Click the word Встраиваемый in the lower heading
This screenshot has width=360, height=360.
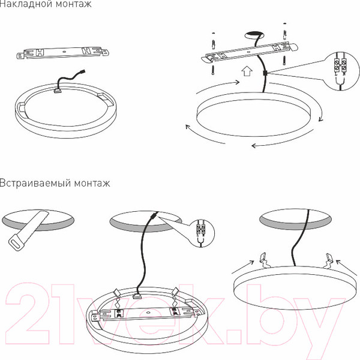[x=35, y=183]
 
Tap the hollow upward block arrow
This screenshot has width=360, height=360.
[x=247, y=71]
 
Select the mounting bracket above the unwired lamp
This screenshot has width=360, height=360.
[x=63, y=53]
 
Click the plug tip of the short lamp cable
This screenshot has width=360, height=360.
[x=83, y=71]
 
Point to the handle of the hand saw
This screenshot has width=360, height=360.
[x=17, y=243]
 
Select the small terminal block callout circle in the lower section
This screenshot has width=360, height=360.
[x=202, y=233]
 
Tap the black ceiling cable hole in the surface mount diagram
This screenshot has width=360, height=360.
[x=254, y=35]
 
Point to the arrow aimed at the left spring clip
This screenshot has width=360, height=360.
[x=243, y=267]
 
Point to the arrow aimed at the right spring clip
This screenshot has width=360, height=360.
[x=347, y=268]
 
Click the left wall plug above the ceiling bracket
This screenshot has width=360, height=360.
[x=214, y=44]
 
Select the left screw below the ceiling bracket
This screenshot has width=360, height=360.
[x=213, y=70]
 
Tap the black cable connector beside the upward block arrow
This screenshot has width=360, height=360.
[x=265, y=73]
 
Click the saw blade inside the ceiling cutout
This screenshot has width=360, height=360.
[x=37, y=223]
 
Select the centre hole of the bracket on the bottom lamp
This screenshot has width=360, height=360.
[x=148, y=313]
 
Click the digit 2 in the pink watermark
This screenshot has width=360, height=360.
[x=28, y=314]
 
